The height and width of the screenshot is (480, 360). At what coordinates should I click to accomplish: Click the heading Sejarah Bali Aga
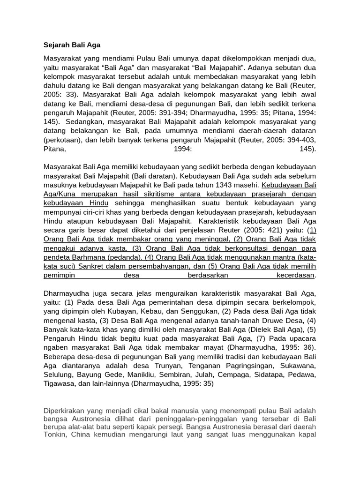tap(72, 45)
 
